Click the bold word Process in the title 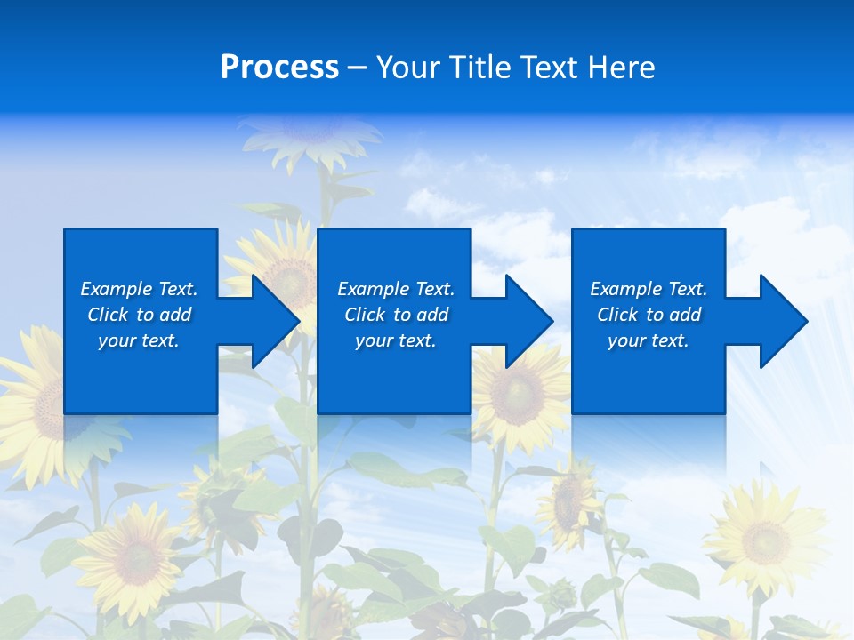pos(279,68)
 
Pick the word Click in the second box pos(365,315)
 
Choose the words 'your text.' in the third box pos(648,340)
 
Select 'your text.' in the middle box pos(395,340)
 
